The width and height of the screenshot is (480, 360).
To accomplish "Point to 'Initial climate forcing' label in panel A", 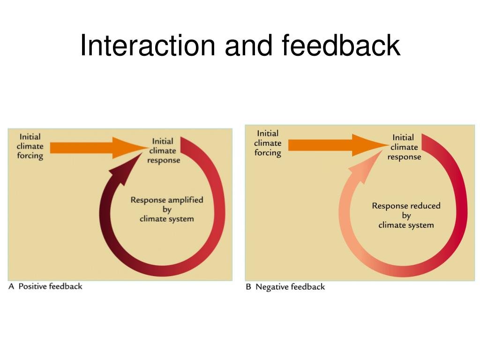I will tap(30, 146).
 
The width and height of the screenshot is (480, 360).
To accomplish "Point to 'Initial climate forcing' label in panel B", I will tap(268, 143).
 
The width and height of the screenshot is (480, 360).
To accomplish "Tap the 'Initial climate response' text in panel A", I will tap(163, 150).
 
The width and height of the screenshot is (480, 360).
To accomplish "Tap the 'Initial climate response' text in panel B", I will tap(404, 147).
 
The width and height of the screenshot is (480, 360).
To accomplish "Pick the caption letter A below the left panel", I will tap(12, 286).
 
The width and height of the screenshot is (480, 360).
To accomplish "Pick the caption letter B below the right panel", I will tap(248, 287).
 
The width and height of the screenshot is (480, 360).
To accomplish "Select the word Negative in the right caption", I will tap(271, 287).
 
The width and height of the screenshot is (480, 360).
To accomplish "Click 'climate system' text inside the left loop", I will tap(166, 219).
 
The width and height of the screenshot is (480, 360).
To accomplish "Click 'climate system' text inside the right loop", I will tap(406, 225).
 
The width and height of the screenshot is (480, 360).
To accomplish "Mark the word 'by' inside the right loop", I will tap(406, 216).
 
